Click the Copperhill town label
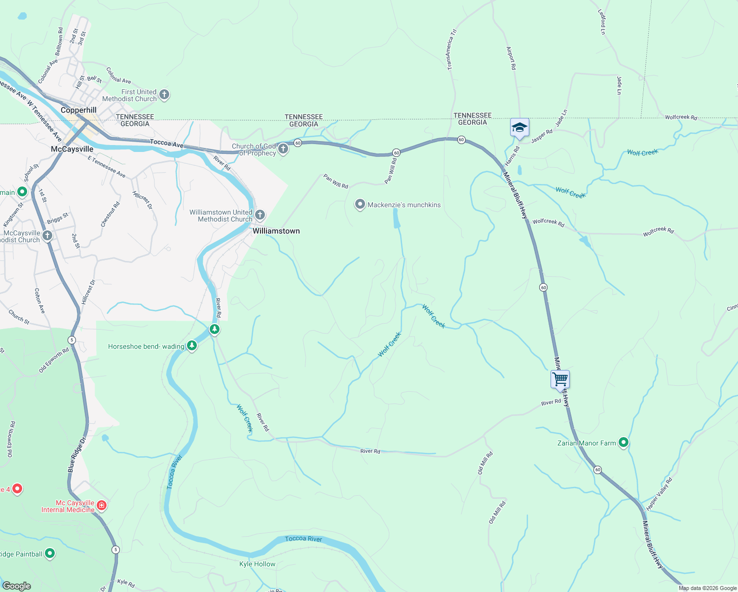click(x=78, y=110)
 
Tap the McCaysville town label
click(x=72, y=149)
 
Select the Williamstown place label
click(x=276, y=231)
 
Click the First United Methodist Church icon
click(x=165, y=95)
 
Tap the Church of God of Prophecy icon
click(x=283, y=149)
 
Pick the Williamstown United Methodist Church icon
click(x=260, y=215)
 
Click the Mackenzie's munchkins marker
click(x=360, y=204)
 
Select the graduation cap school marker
click(x=519, y=128)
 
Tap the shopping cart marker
click(x=560, y=379)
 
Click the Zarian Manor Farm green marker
click(x=624, y=443)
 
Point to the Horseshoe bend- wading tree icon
click(x=192, y=346)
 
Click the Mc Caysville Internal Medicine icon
click(x=102, y=505)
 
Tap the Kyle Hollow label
click(x=257, y=564)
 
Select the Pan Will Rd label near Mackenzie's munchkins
click(x=336, y=181)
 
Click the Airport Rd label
click(x=511, y=58)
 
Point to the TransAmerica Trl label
click(x=450, y=49)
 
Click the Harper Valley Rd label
click(x=659, y=494)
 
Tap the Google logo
click(x=17, y=586)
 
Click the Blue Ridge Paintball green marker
click(x=50, y=554)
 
